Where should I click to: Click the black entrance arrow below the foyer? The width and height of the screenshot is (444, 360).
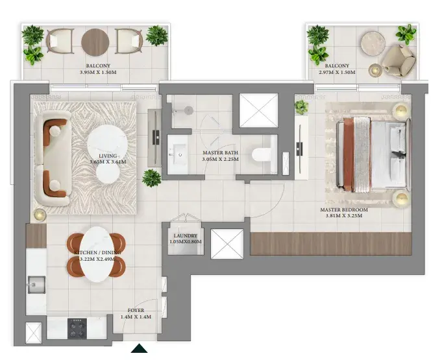point(139,349)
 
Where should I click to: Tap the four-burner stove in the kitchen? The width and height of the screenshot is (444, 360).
point(77,328)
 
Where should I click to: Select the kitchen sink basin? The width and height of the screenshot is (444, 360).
point(36,285)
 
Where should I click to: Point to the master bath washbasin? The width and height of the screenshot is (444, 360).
point(178,154)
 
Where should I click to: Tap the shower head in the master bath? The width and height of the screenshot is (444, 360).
point(189,110)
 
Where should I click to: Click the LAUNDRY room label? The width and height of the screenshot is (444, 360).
point(186,235)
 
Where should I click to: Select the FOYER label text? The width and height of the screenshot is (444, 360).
point(136,311)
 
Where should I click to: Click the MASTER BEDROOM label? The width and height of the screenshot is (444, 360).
point(344,210)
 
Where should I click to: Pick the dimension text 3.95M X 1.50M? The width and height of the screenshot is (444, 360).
point(98,72)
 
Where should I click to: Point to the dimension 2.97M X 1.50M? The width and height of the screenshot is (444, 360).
point(337,72)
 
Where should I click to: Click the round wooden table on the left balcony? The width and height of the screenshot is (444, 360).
point(95,42)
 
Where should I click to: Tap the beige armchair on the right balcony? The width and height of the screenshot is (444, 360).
point(399,60)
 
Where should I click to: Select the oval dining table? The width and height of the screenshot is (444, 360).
point(97,254)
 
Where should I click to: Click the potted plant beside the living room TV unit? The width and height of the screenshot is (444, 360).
point(151,178)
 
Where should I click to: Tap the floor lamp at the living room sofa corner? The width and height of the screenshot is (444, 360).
point(40,215)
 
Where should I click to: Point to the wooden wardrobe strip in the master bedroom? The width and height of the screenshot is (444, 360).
point(331,244)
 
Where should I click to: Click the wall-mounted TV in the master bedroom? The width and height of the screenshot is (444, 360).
point(300,149)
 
